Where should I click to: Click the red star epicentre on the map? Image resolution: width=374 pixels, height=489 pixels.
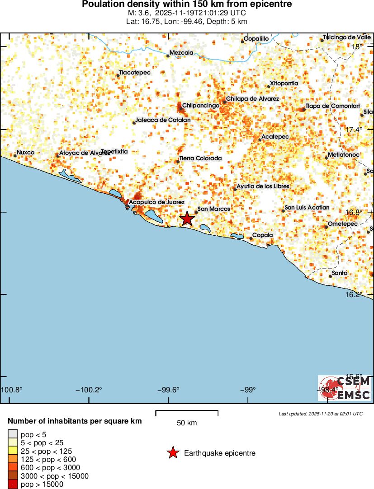point(187,219)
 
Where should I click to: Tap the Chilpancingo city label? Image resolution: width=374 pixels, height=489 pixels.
point(201,105)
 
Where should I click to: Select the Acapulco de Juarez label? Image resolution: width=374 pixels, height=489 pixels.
point(156,202)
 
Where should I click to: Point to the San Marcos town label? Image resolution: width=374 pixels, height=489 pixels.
point(214,209)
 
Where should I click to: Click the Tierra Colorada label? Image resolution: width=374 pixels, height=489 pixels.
point(200,158)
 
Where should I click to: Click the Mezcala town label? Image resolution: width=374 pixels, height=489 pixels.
point(181,53)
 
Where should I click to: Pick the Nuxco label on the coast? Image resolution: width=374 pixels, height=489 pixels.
point(25,153)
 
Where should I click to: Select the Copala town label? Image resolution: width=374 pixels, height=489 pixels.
point(262,235)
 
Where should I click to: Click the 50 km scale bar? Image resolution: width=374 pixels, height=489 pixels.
point(187,413)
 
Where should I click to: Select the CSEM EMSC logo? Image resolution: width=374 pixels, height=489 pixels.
point(345,388)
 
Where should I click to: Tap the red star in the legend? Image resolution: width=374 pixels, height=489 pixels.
point(172,453)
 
